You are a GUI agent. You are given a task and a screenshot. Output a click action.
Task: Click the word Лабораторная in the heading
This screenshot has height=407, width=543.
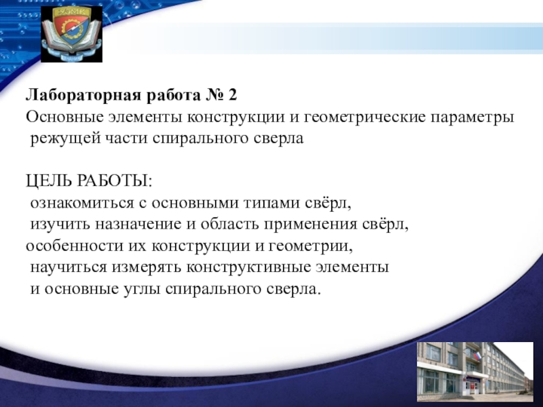pos(83,95)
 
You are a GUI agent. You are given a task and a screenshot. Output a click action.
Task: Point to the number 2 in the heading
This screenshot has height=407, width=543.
pos(232,95)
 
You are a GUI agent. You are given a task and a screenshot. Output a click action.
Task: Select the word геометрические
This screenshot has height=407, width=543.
pos(365,117)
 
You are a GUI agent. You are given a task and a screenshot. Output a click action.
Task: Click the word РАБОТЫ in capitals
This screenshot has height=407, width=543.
pos(114,180)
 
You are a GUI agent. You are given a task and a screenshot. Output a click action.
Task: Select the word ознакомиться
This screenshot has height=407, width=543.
pos(82,203)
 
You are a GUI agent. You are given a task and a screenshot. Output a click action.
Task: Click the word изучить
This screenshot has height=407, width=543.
pos(60,225)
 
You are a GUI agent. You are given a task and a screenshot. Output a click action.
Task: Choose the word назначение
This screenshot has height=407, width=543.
pos(138,225)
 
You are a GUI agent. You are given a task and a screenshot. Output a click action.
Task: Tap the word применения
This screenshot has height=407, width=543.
pos(311,225)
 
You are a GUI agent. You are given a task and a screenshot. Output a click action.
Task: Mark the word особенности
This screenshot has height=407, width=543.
pos(75,246)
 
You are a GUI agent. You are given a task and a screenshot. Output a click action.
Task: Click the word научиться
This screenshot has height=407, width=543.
pos(69,267)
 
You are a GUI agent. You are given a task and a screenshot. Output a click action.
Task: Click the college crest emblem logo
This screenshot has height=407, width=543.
pos(72,34)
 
